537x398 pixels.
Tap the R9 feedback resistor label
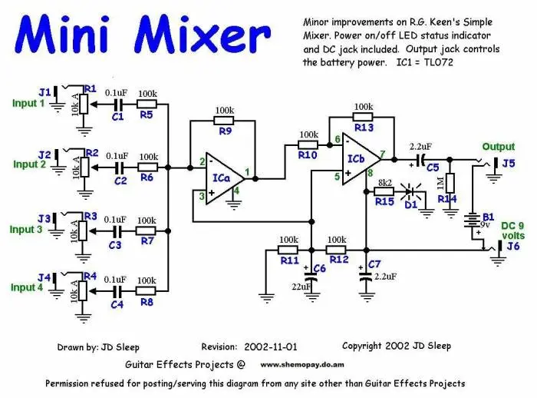point(225,132)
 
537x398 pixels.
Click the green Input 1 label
point(28,103)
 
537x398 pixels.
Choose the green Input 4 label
point(28,288)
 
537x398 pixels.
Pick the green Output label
point(499,147)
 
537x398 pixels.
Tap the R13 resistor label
point(364,128)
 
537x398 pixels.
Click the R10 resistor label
point(308,155)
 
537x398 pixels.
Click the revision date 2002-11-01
point(272,347)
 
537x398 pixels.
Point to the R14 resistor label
point(446,198)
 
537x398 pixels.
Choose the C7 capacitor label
point(374,264)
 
